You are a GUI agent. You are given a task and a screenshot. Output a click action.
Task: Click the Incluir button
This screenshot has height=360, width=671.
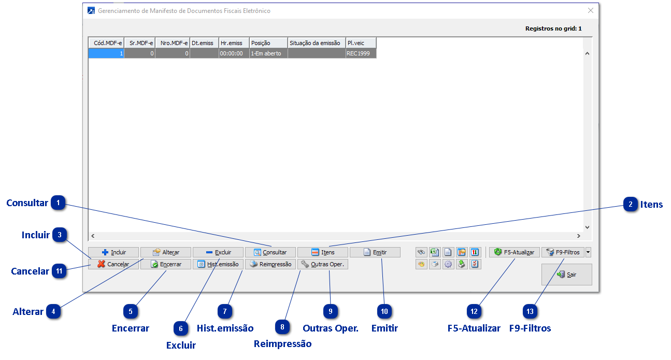tap(113, 252)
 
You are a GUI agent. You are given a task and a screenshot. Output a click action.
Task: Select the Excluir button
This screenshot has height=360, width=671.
tap(218, 252)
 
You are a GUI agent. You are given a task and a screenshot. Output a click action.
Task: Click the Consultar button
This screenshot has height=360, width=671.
tap(270, 252)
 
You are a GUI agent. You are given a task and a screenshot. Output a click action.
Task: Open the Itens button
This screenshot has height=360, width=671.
tap(322, 252)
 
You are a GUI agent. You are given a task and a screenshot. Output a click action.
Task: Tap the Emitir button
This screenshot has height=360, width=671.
tap(375, 252)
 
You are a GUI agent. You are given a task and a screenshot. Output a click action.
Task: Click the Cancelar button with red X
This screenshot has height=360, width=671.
tap(113, 264)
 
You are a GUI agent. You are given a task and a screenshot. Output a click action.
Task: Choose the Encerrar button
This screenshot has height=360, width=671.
tap(166, 264)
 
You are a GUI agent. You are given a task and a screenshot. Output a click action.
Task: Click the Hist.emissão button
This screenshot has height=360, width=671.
tap(218, 264)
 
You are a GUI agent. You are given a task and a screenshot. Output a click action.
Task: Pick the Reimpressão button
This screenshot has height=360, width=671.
tap(270, 264)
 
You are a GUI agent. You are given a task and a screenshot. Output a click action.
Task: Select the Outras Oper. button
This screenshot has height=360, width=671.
tap(322, 264)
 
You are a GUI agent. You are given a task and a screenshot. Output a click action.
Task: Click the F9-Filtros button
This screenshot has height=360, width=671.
tap(563, 252)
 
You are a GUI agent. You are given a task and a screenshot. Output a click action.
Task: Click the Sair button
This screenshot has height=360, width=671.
tap(566, 275)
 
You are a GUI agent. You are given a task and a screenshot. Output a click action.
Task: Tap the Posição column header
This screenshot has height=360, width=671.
tap(268, 43)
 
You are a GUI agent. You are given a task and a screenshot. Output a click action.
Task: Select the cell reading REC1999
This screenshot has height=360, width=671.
tap(361, 53)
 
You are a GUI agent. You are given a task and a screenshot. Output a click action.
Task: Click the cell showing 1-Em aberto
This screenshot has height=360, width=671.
tap(268, 53)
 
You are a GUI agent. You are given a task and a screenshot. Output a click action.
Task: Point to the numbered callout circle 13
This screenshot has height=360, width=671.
tap(530, 311)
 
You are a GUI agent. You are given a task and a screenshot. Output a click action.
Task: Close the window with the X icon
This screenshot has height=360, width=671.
tap(590, 10)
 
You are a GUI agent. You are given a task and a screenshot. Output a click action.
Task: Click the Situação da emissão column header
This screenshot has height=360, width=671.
tap(316, 43)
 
